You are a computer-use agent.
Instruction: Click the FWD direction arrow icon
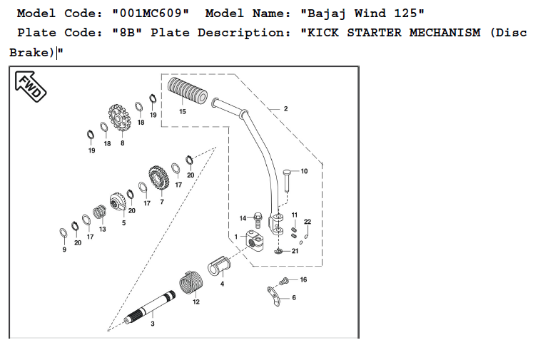click(29, 86)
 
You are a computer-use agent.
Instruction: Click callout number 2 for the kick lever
click(285, 109)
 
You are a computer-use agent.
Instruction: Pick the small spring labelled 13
click(100, 211)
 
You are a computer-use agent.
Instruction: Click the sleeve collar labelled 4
click(221, 266)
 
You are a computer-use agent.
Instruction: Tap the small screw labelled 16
click(284, 280)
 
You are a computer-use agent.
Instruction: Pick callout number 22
click(308, 222)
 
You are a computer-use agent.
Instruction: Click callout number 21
click(295, 251)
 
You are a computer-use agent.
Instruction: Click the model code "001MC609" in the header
click(151, 14)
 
